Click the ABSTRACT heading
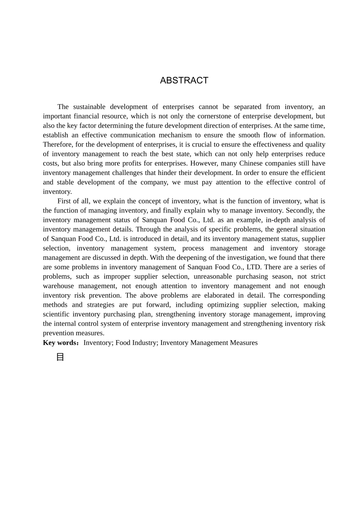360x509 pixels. tap(184, 80)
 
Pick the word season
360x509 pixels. tap(282, 277)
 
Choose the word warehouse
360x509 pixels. tap(58, 286)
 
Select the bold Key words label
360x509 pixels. tap(61, 343)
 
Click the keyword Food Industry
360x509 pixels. tap(136, 343)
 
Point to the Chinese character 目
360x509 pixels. tap(60, 357)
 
